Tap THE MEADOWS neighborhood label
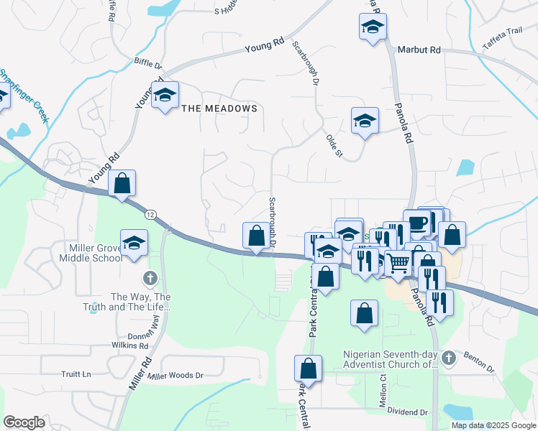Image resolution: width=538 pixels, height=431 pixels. point(219,108)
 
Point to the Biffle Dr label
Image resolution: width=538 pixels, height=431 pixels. point(149,62)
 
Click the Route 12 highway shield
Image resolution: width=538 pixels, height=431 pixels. point(150,214)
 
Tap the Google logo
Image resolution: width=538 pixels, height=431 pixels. point(24,422)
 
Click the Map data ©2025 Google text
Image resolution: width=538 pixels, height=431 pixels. point(494,425)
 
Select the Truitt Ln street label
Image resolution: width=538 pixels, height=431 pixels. point(76,374)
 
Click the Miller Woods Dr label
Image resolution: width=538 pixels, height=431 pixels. point(176,375)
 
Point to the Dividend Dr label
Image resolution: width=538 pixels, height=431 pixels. point(408,412)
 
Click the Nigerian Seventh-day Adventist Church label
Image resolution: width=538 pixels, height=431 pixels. point(390,359)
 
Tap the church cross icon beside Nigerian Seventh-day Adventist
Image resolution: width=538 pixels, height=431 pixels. point(448,357)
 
